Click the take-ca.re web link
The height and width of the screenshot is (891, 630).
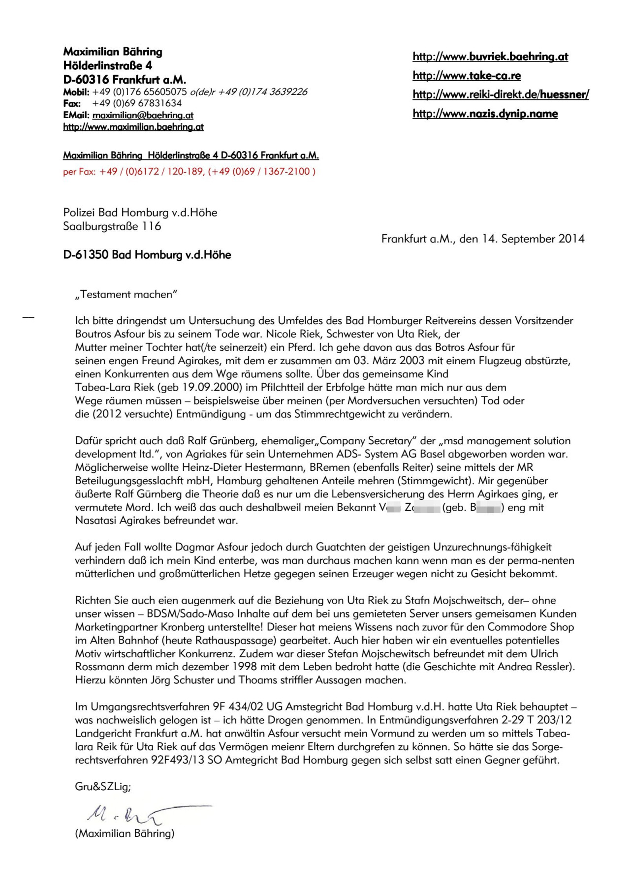point(467,75)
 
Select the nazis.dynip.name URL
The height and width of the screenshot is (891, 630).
point(485,114)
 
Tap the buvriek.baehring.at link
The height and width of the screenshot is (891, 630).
point(490,57)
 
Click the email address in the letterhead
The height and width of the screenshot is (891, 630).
point(143,115)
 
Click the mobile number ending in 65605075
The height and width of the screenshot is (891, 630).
point(139,92)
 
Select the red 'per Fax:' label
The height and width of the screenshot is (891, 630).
point(79,172)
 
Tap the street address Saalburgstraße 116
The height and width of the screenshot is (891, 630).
point(112,226)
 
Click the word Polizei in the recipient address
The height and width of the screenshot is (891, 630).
point(79,213)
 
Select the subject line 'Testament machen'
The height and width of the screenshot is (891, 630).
point(126,294)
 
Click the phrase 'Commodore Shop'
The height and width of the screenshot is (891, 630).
point(531,627)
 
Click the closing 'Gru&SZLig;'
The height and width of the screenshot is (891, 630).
point(103,786)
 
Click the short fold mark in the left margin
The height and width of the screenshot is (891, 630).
point(29,317)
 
